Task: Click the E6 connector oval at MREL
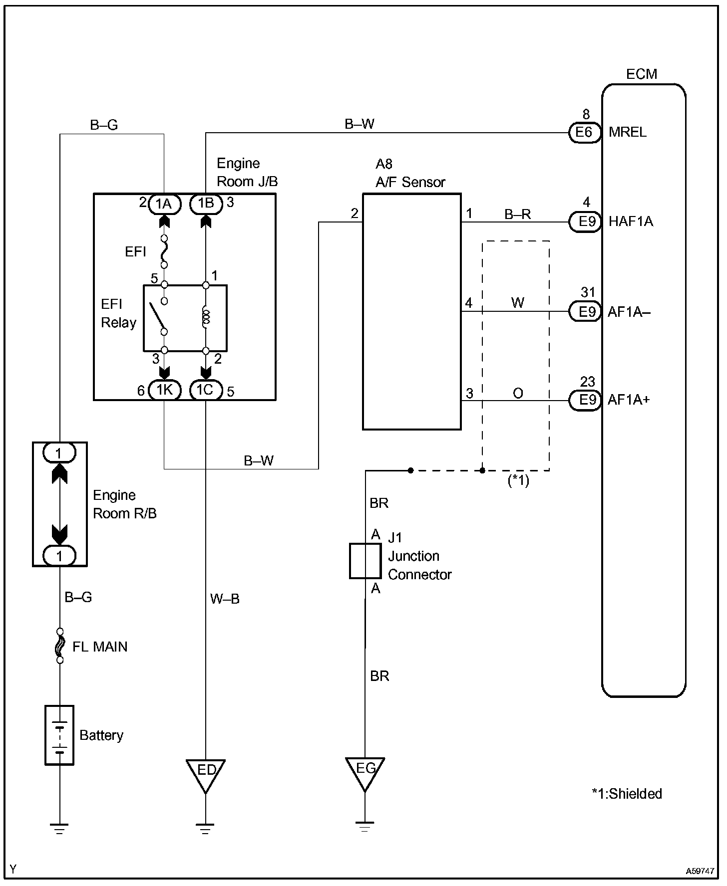point(585,133)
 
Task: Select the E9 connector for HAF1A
point(585,221)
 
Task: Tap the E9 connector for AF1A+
point(585,400)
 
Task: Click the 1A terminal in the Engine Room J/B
point(164,204)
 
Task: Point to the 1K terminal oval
point(164,390)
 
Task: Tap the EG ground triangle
point(365,774)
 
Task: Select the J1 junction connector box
point(365,561)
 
